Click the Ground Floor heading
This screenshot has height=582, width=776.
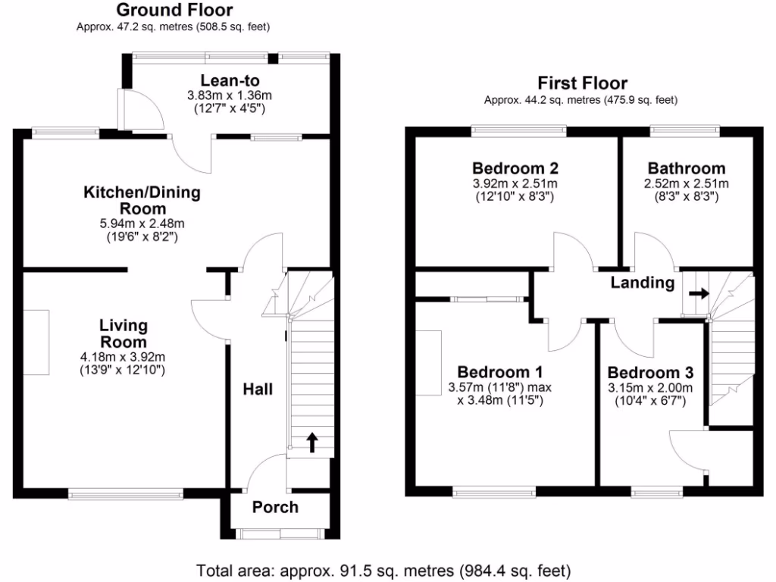pos(174,11)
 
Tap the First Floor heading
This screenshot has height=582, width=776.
pos(582,83)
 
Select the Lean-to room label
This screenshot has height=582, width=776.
pos(230,81)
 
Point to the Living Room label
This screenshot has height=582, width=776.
pos(124,333)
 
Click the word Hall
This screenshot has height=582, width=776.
pos(258,390)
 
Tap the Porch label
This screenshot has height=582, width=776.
pos(275,507)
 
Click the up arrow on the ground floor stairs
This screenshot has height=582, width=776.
pos(311,443)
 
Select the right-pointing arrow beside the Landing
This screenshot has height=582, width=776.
pos(699,293)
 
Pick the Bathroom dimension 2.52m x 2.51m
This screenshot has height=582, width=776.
pos(687,183)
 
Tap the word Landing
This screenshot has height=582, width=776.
pos(643,283)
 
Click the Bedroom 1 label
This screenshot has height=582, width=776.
pos(499,372)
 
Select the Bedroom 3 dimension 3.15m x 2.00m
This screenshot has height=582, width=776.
pos(649,388)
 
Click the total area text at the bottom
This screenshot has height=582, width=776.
pos(383,570)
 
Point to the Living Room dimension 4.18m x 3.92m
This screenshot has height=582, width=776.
pos(123,357)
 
